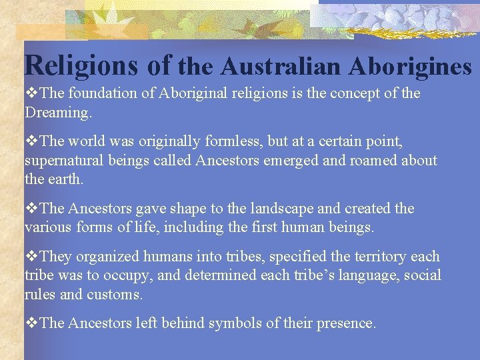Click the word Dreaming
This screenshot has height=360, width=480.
click(x=58, y=113)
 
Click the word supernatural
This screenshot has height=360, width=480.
click(x=66, y=161)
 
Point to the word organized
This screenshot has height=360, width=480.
click(x=103, y=257)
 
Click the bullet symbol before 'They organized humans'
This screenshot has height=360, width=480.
click(x=31, y=257)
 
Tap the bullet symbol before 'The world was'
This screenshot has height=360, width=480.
click(x=31, y=142)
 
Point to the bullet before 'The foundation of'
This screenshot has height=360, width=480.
click(x=31, y=93)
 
